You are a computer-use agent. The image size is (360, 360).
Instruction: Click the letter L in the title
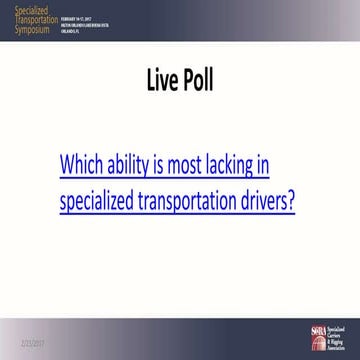[142, 78]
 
